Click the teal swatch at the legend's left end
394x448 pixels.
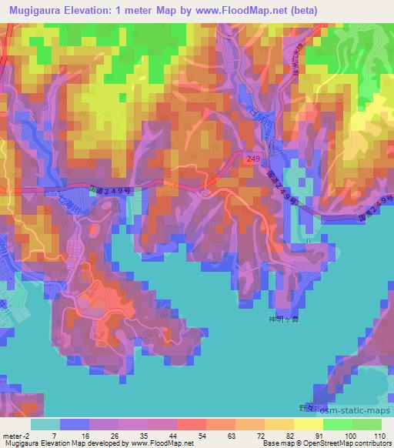point(45,424)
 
